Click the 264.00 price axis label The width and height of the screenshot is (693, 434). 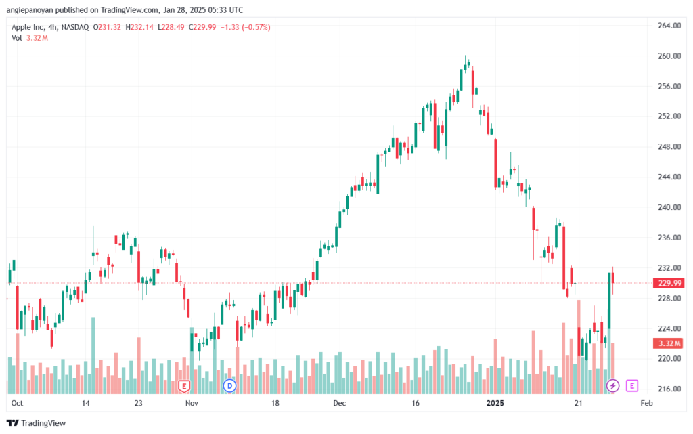point(669,26)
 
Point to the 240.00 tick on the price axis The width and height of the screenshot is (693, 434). point(669,207)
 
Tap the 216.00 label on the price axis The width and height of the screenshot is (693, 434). point(669,389)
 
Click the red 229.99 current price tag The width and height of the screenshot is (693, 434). point(669,283)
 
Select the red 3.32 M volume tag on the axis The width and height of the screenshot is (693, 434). point(669,343)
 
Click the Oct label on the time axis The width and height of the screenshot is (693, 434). point(17,403)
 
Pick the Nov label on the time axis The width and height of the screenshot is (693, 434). point(192,403)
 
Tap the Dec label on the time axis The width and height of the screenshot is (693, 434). point(340,403)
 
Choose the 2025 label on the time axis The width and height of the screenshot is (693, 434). point(495,403)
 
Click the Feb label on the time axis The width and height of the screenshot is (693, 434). point(646,403)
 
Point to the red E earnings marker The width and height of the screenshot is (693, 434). point(184,387)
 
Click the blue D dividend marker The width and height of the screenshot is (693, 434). point(229,386)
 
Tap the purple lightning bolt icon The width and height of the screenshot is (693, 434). point(612,386)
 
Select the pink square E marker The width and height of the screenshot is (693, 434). point(632,386)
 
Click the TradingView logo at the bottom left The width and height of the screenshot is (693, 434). point(37,423)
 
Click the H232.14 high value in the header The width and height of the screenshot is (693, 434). point(139,27)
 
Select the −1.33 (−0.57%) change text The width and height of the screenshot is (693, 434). point(245,27)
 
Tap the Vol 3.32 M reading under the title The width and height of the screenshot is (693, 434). point(30,38)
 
